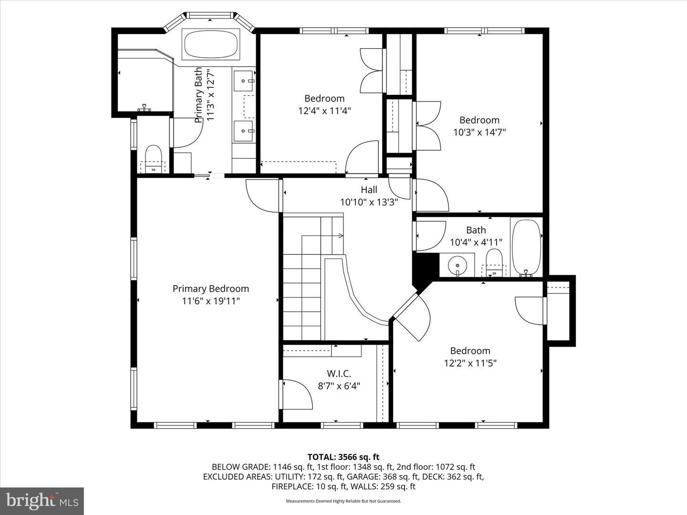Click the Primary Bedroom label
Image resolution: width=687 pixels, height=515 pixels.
(210, 288)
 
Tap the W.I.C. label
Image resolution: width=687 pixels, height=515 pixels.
(339, 373)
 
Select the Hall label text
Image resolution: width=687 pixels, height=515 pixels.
(369, 190)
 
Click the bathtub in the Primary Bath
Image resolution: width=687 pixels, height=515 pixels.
(210, 44)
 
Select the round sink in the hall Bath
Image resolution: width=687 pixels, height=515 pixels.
(458, 264)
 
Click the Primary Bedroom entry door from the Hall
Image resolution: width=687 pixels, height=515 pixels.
(261, 196)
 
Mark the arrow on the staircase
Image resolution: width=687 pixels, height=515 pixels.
(341, 236)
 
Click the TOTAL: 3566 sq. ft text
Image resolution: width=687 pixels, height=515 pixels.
(343, 457)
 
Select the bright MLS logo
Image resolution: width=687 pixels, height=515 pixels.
(42, 501)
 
